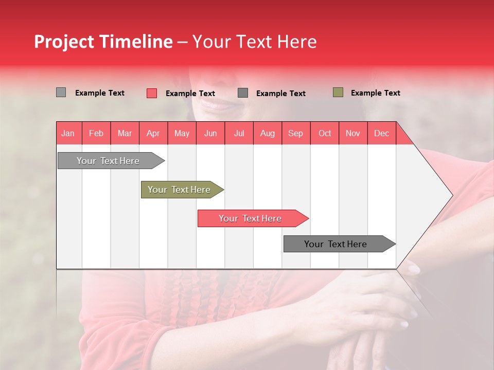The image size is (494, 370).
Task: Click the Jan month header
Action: pos(68,133)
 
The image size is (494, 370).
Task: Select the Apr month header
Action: pos(153,133)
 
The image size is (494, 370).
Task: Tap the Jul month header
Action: pos(239,133)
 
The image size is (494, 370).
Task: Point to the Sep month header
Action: pos(295,133)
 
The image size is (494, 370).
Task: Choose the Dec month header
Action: pos(381,133)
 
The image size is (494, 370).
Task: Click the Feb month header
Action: pos(96,133)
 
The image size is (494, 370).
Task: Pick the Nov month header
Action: pos(352,133)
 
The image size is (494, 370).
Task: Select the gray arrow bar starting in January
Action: pos(108,161)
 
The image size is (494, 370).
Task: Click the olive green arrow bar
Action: pos(179,190)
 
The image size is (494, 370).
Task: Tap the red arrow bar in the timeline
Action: pos(250,218)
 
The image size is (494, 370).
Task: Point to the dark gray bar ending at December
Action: pos(336,244)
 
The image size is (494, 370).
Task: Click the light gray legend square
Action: pos(61,92)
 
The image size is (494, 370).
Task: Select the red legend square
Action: pos(151,93)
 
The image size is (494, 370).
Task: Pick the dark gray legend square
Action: pos(243,93)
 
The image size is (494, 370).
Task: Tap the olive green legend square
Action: pos(338,92)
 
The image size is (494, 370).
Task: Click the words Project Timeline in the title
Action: pos(103,42)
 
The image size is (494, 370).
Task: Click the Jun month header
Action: pos(210,133)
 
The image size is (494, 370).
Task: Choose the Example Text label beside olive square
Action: pos(375,93)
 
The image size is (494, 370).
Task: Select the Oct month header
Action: pos(325,133)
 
